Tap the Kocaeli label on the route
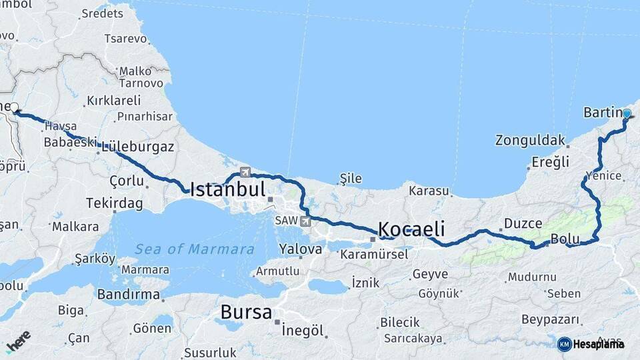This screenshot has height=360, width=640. tap(411, 229)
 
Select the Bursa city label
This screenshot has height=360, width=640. tap(246, 312)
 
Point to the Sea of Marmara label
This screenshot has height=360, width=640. tap(195, 249)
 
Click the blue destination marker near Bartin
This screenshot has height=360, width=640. tap(627, 114)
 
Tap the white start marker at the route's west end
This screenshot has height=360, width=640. tap(14, 107)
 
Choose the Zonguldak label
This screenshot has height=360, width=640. tap(530, 141)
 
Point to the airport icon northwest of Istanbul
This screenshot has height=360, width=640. tap(245, 171)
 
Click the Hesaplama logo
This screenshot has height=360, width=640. tap(591, 344)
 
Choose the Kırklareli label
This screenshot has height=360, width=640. tap(113, 101)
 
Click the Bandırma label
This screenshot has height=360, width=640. tap(129, 294)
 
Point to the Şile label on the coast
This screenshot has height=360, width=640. tap(351, 178)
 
